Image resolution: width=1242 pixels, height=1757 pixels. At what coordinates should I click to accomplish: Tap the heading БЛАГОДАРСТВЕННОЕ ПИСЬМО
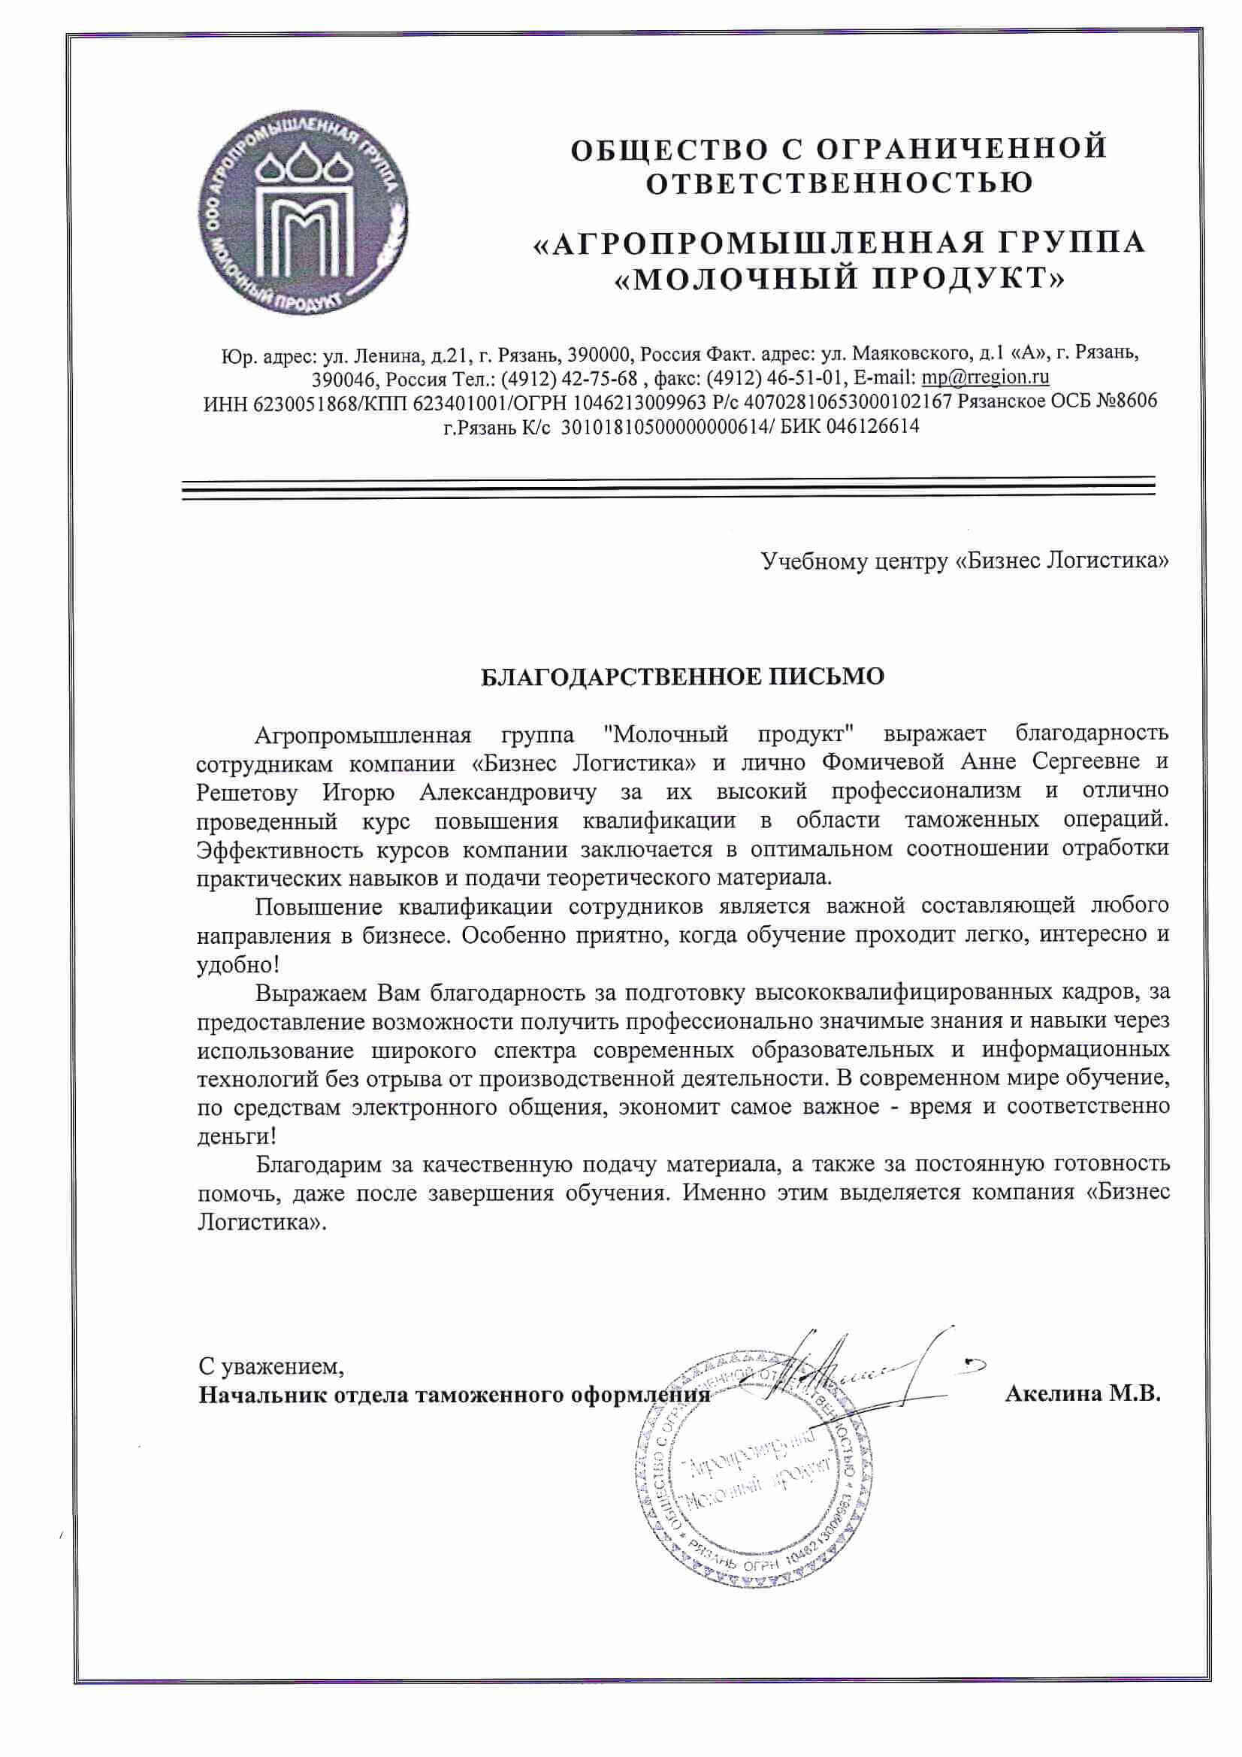coord(681,676)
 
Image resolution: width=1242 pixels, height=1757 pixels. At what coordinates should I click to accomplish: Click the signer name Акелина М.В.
coord(1083,1393)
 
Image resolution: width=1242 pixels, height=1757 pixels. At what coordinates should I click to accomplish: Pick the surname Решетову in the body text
coord(247,791)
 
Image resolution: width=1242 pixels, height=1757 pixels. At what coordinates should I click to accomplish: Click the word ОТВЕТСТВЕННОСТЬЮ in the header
coord(839,183)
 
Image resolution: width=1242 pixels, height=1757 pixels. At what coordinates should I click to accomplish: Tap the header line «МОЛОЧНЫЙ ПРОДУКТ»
coord(839,280)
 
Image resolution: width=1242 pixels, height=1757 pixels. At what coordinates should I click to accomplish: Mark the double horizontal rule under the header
coord(668,488)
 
